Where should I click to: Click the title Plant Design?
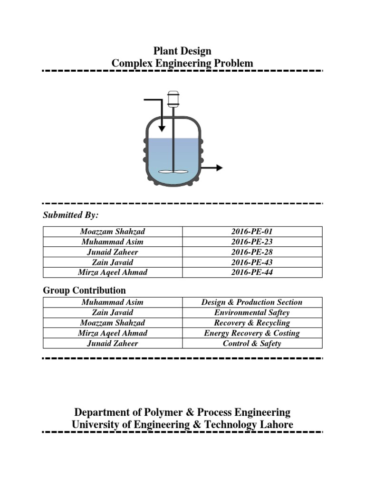(x=182, y=51)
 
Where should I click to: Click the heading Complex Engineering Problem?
(x=182, y=64)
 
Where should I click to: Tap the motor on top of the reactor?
(x=173, y=98)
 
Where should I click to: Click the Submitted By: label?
(x=71, y=215)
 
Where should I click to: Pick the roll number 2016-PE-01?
(x=252, y=232)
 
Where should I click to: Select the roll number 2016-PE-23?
(x=252, y=242)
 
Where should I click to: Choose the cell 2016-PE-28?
(x=252, y=252)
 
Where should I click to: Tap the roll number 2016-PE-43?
(x=252, y=262)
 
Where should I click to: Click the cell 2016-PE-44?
(x=252, y=272)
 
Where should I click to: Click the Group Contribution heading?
(x=84, y=290)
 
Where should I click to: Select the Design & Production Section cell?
(x=252, y=302)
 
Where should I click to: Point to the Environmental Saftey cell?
(x=252, y=313)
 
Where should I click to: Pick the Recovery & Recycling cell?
(x=252, y=323)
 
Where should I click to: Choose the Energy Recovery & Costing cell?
(x=252, y=333)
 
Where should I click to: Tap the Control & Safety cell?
(x=252, y=343)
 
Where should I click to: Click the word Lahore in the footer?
(x=275, y=425)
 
